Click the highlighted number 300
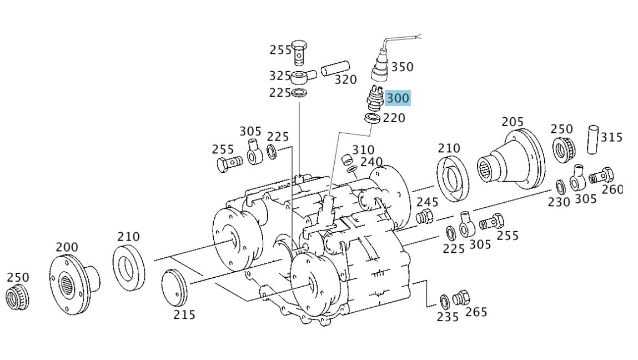pyautogui.click(x=398, y=98)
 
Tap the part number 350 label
pyautogui.click(x=402, y=67)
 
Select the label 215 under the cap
pyautogui.click(x=184, y=314)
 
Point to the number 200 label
pyautogui.click(x=67, y=247)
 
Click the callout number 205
pyautogui.click(x=513, y=122)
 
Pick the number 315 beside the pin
pyautogui.click(x=611, y=137)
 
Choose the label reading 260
pyautogui.click(x=612, y=189)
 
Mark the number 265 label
pyautogui.click(x=476, y=312)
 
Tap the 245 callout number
pyautogui.click(x=428, y=202)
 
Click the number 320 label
pyautogui.click(x=345, y=80)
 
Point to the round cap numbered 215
pyautogui.click(x=174, y=287)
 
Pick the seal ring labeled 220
pyautogui.click(x=371, y=118)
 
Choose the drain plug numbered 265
pyautogui.click(x=461, y=298)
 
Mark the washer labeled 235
pyautogui.click(x=444, y=302)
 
